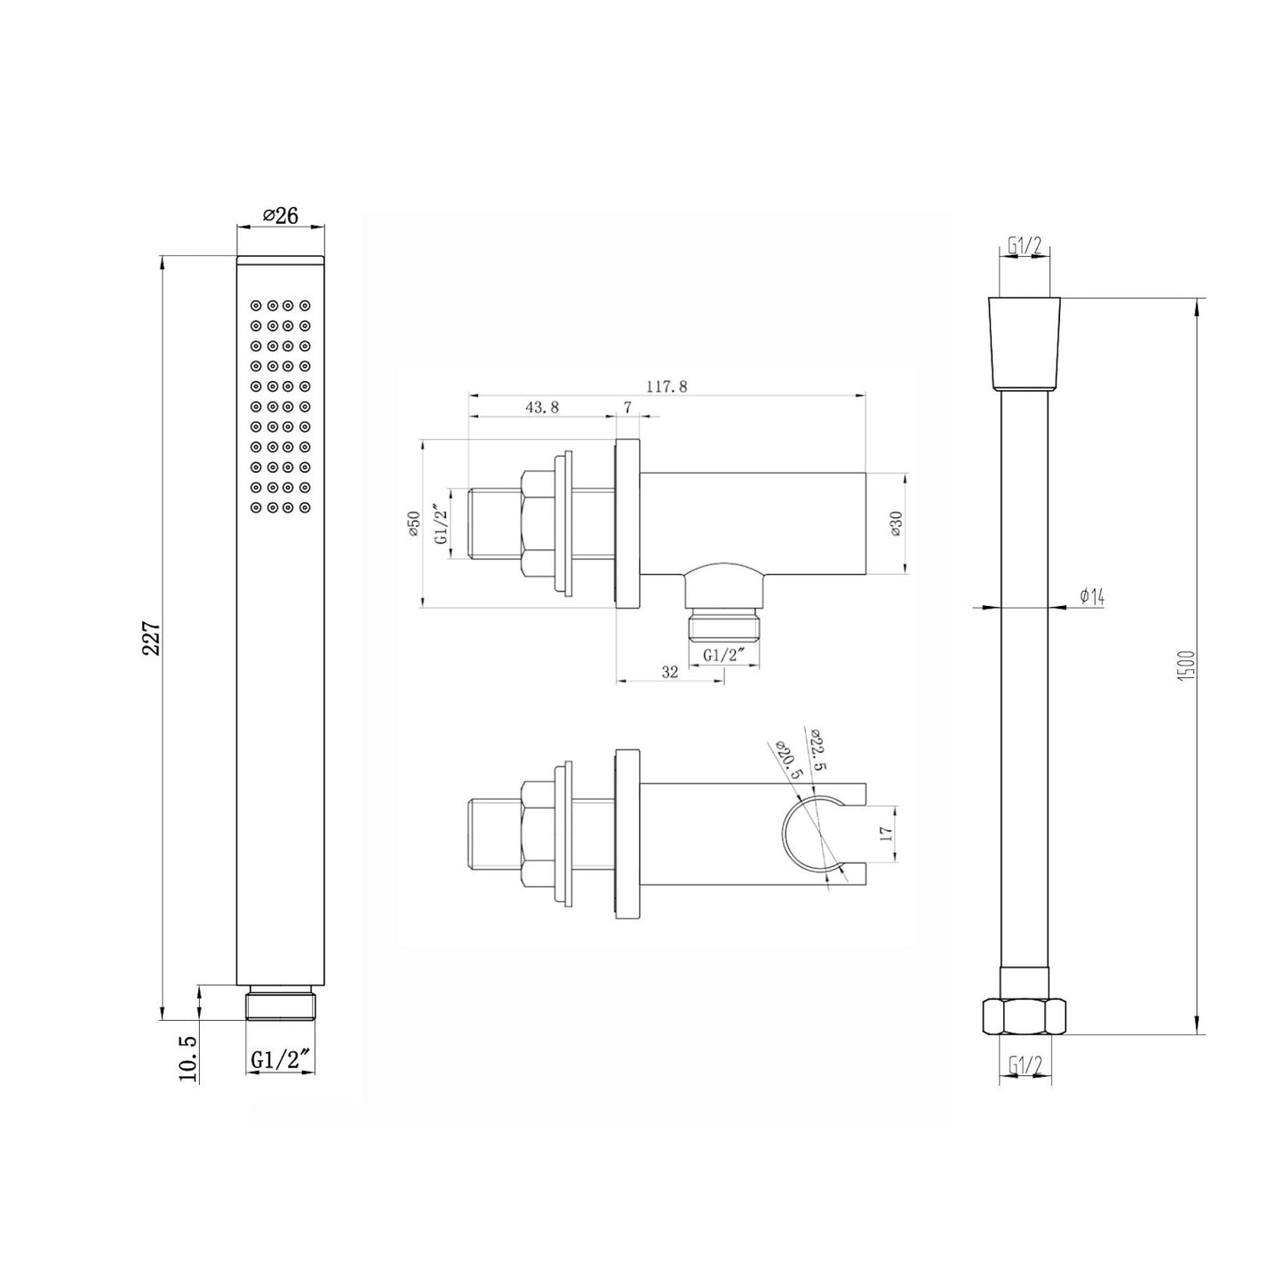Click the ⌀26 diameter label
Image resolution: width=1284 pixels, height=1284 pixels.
click(280, 216)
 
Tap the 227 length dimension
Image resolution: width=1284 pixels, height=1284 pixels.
click(151, 637)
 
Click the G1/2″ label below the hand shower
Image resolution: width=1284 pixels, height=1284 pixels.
click(280, 1059)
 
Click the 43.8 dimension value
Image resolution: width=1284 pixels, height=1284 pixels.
click(542, 407)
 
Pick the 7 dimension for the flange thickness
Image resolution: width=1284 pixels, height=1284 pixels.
click(628, 407)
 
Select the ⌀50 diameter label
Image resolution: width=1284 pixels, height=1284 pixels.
click(412, 525)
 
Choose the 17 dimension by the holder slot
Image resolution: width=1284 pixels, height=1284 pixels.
click(883, 833)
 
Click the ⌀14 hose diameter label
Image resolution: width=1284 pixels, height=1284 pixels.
click(1091, 597)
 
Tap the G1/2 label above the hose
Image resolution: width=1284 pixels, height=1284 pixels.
click(1025, 246)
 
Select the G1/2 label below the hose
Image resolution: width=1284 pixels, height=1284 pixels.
click(1025, 1064)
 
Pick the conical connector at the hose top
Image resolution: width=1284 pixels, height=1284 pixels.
click(1025, 344)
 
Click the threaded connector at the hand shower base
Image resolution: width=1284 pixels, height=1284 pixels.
click(281, 1004)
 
